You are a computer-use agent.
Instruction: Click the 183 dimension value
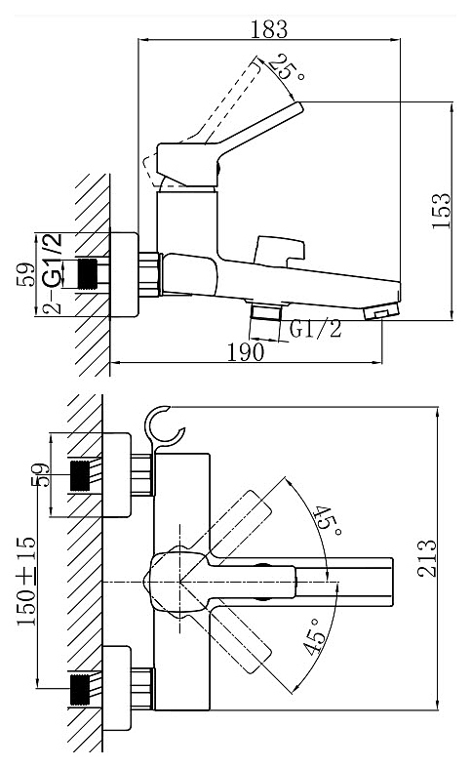[269, 29]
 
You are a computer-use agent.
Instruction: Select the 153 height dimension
[441, 211]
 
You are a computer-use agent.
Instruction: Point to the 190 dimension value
[246, 351]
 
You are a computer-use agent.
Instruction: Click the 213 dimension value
[426, 558]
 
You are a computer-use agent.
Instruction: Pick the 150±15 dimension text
[27, 582]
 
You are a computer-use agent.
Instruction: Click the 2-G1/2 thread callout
[53, 273]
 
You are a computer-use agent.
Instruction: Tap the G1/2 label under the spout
[315, 329]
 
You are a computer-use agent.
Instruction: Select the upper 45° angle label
[327, 521]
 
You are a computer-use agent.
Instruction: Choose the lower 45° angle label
[314, 636]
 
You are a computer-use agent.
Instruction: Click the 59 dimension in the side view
[25, 274]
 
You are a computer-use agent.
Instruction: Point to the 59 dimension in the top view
[41, 475]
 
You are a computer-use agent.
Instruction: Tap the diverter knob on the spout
[279, 252]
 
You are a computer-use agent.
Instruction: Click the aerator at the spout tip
[381, 312]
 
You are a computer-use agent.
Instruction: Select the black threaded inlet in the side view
[88, 273]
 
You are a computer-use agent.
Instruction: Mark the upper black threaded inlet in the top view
[81, 475]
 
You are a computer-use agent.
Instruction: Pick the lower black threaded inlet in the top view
[81, 690]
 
